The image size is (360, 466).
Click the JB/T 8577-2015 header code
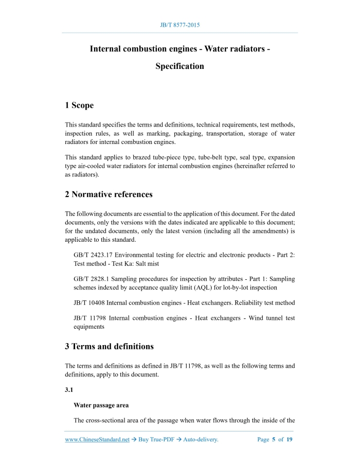pyautogui.click(x=180, y=25)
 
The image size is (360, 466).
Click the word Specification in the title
pyautogui.click(x=179, y=66)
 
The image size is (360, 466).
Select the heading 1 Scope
pyautogui.click(x=79, y=105)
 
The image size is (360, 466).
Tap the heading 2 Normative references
pyautogui.click(x=109, y=194)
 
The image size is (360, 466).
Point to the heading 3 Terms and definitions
pyautogui.click(x=109, y=347)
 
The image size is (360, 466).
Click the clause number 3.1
pyautogui.click(x=69, y=390)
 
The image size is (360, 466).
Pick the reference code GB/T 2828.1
pyautogui.click(x=93, y=279)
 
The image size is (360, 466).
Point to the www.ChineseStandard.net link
pyautogui.click(x=97, y=440)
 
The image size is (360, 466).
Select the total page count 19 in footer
pyautogui.click(x=290, y=440)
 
